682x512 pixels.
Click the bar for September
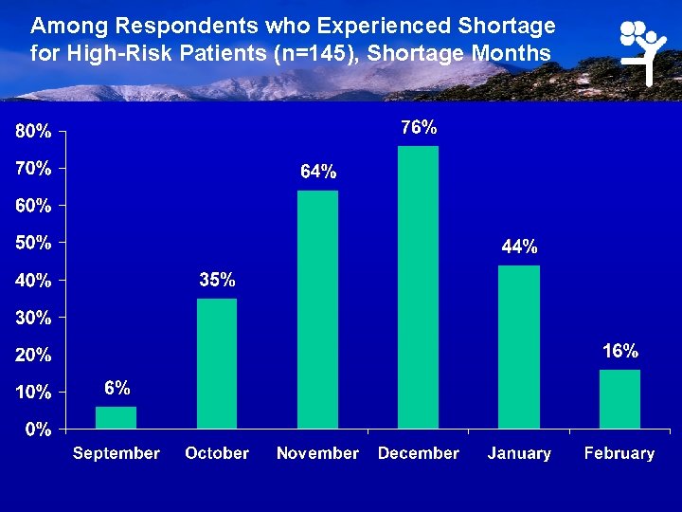117,417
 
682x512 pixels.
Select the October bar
217,363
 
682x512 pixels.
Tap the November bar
317,309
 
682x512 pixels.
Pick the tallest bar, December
418,286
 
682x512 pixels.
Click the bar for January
519,346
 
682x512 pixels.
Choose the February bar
619,398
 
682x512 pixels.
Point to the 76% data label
419,126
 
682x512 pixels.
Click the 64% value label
318,172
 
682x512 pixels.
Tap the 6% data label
117,388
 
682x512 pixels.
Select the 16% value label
620,351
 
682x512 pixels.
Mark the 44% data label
519,247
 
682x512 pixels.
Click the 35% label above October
217,280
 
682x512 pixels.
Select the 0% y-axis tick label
38,429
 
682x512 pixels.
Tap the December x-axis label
418,453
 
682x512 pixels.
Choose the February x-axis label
619,453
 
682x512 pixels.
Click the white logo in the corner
644,49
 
